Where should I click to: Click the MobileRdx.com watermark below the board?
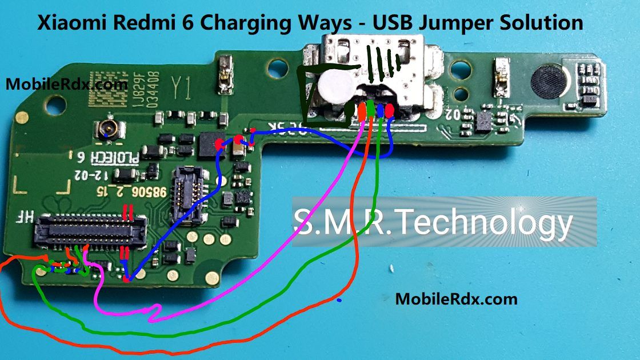[x=456, y=298]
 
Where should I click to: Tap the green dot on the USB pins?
[x=371, y=108]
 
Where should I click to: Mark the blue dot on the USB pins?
[x=381, y=109]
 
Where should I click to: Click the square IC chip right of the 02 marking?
[x=483, y=121]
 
